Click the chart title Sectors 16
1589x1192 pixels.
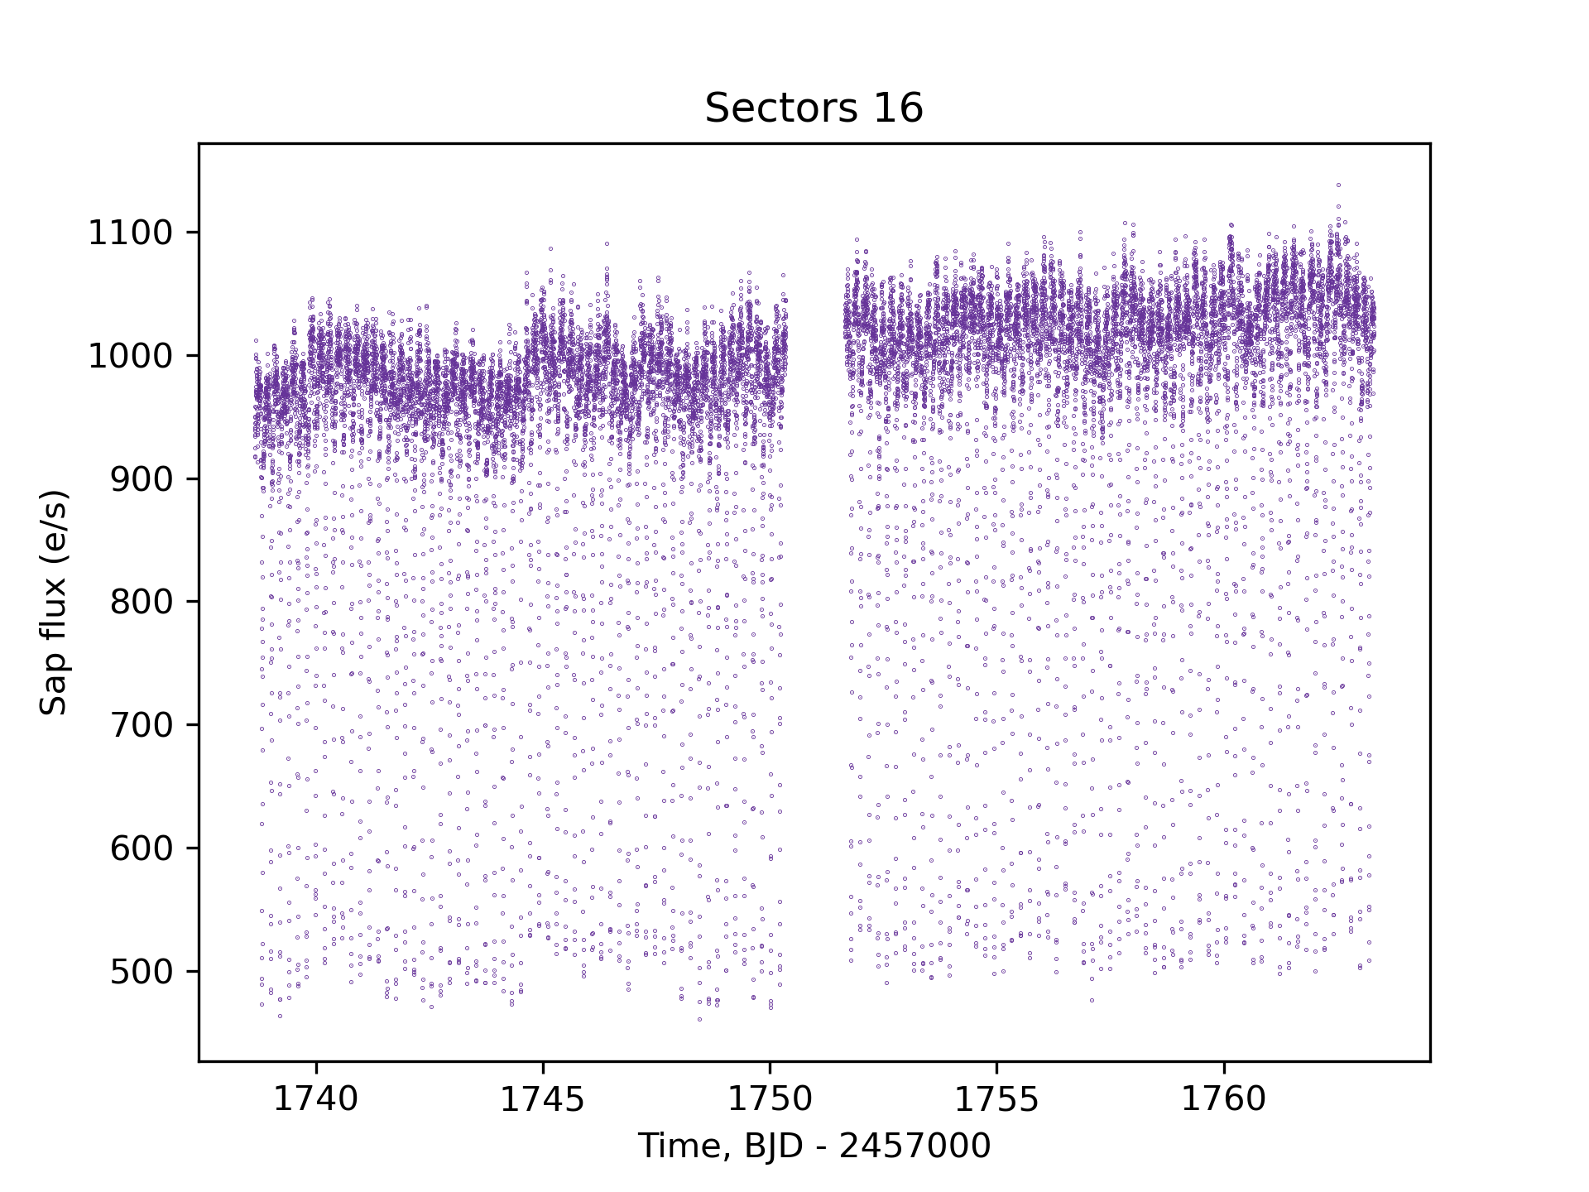[x=814, y=108]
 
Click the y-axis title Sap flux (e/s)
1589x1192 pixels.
[x=54, y=602]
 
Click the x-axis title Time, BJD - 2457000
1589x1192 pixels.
[x=814, y=1146]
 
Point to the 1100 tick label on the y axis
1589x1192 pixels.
[x=130, y=233]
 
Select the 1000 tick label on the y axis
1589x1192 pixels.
[x=130, y=357]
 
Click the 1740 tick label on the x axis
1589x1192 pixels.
[x=316, y=1099]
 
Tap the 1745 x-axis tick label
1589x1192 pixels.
[x=543, y=1099]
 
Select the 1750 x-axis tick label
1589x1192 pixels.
[x=770, y=1099]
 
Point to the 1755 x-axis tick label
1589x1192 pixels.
[x=996, y=1099]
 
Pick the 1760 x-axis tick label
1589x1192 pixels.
[x=1223, y=1099]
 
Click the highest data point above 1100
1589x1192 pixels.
[x=1338, y=185]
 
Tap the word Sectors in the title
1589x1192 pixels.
[x=771, y=108]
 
